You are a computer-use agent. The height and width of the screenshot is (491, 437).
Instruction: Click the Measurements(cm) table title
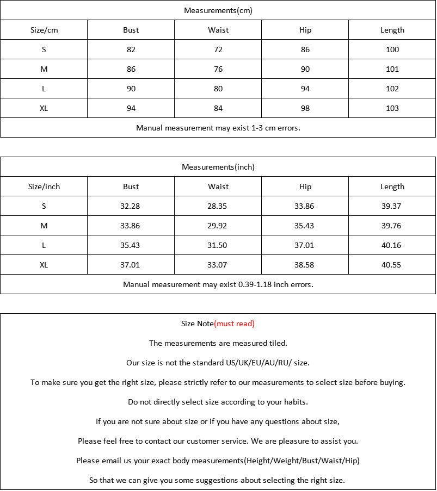218,10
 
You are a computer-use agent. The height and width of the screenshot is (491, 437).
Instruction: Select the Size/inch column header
44,187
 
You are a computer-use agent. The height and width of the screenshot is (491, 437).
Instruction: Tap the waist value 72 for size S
218,49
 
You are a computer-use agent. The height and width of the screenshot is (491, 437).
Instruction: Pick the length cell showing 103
392,108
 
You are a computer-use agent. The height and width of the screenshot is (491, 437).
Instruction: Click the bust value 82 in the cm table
131,49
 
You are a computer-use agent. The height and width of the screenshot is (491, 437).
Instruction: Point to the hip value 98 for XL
305,108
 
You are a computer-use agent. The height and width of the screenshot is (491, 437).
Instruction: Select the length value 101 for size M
392,69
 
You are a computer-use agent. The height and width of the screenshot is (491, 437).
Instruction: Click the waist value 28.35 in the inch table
218,206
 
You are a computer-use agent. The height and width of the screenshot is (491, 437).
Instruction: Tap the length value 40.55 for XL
392,265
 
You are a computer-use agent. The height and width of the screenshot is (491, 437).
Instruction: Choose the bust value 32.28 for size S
131,206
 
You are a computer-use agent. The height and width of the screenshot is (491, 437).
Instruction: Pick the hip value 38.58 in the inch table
305,265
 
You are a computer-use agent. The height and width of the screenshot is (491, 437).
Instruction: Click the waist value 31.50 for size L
218,245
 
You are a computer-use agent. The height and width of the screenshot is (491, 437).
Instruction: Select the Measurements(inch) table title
218,167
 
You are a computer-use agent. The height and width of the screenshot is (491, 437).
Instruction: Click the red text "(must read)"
235,324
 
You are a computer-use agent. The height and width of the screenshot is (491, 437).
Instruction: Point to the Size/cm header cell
44,30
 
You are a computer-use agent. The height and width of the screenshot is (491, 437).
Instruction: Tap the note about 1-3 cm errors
218,128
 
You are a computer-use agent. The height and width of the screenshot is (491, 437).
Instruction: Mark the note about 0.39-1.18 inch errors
218,284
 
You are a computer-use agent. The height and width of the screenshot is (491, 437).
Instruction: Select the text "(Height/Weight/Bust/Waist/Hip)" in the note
302,461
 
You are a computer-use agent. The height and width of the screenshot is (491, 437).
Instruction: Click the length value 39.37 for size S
392,206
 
